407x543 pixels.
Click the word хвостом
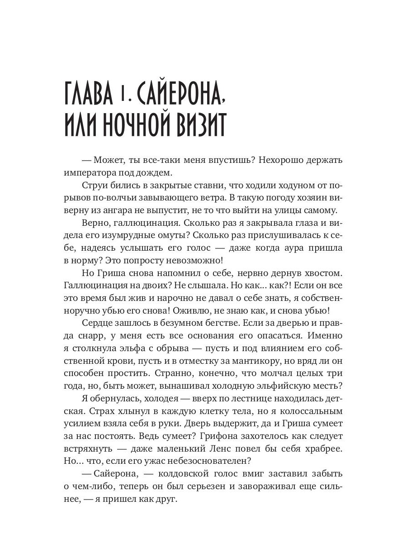pos(322,273)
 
